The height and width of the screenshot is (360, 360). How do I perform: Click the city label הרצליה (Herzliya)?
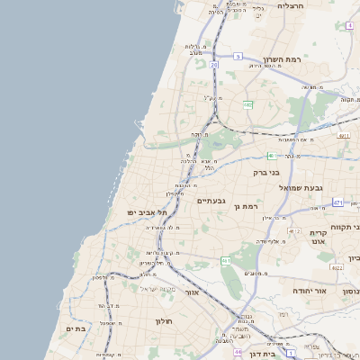(x=291, y=6)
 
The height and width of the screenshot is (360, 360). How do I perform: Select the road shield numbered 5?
(x=238, y=56)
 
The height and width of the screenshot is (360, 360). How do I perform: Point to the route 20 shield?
(x=214, y=65)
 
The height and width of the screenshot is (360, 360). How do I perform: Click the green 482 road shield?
(x=247, y=105)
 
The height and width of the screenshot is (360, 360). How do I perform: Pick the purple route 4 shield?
(x=349, y=25)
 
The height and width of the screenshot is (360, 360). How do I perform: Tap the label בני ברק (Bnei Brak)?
(x=265, y=172)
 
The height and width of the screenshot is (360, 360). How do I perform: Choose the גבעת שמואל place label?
(x=301, y=187)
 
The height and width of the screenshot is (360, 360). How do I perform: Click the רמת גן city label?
(x=245, y=207)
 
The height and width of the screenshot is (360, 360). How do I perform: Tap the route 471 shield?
(x=337, y=202)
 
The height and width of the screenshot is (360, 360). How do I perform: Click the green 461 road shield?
(x=226, y=260)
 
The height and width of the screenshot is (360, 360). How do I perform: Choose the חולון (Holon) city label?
(x=163, y=321)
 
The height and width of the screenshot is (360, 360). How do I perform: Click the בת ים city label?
(x=75, y=329)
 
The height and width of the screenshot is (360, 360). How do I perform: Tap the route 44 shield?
(x=237, y=353)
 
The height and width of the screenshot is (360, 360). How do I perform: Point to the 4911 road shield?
(x=343, y=135)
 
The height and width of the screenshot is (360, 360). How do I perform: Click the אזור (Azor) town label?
(x=190, y=292)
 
